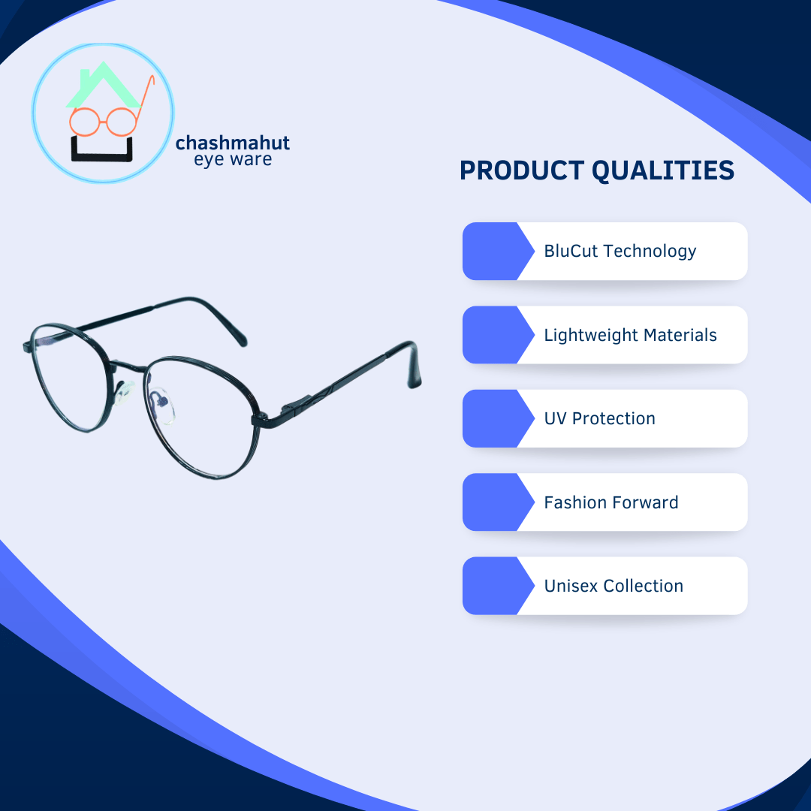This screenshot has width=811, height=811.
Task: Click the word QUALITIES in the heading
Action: (662, 170)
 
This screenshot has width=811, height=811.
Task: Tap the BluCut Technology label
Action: (620, 252)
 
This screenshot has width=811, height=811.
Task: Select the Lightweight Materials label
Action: (630, 335)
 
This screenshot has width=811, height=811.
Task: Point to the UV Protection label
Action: (599, 418)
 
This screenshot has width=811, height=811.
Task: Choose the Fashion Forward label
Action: (611, 502)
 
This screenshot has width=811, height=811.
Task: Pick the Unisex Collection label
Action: (614, 586)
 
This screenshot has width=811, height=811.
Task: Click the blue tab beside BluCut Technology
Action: (497, 252)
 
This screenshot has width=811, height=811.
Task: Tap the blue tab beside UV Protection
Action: (497, 418)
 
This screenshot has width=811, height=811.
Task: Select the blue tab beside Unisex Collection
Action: (497, 586)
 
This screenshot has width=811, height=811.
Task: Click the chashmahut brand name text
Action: (232, 143)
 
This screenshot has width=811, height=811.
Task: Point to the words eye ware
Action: (233, 159)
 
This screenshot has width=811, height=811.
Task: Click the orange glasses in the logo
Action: (84, 122)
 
